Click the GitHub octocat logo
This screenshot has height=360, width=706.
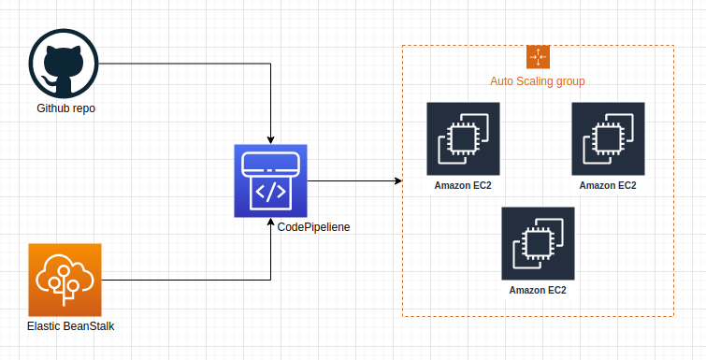point(64,63)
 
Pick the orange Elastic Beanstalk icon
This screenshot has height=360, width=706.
point(65,279)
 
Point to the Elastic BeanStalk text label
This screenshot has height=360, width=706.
point(70,325)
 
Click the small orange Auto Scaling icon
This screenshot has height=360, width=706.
point(538,56)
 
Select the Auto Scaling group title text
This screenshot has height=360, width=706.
point(538,81)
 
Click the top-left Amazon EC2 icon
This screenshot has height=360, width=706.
point(463,138)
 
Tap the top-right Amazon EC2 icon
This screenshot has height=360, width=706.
point(608,138)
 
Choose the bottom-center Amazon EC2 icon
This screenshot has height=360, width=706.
point(538,243)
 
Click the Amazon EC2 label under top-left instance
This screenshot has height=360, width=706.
point(463,185)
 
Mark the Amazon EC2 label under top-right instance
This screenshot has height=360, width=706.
point(608,185)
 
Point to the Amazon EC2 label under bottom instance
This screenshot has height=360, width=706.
point(538,290)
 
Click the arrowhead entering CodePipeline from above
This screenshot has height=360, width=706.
point(270,139)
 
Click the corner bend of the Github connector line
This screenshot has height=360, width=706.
point(270,64)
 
